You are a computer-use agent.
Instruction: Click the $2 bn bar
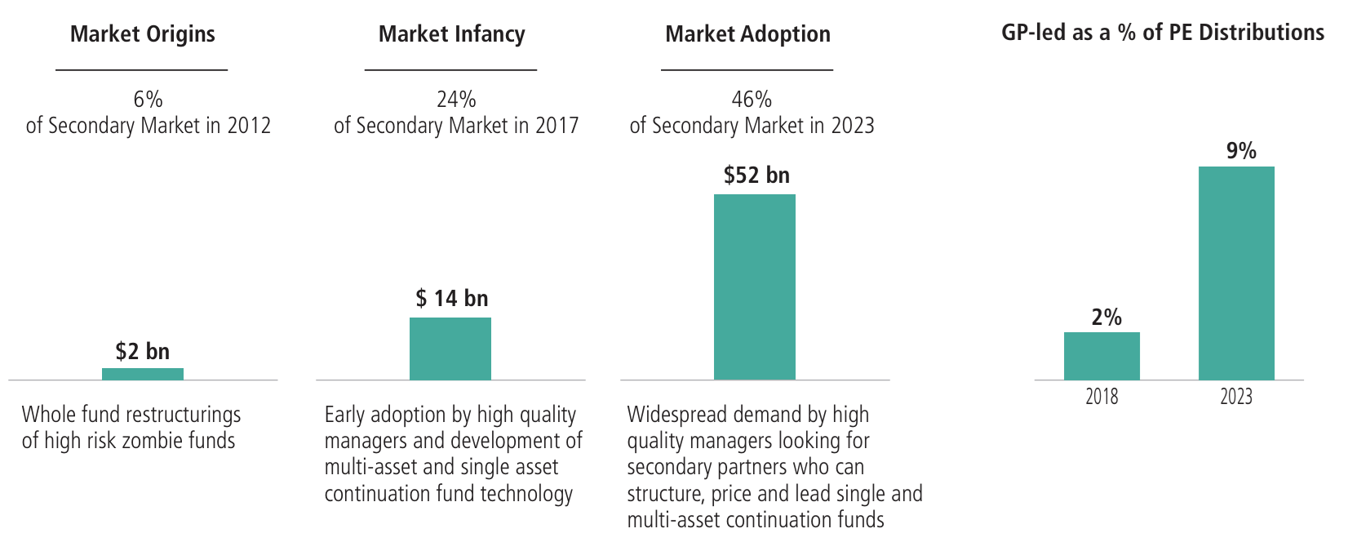(x=143, y=374)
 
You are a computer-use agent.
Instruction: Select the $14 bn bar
(x=450, y=349)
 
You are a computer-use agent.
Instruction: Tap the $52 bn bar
(x=755, y=287)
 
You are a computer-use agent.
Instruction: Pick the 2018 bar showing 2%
(x=1102, y=356)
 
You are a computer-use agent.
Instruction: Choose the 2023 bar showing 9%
(x=1237, y=273)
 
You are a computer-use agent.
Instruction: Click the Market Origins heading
(x=143, y=33)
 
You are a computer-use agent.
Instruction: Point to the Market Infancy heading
(x=452, y=33)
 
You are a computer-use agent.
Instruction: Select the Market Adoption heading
(x=748, y=33)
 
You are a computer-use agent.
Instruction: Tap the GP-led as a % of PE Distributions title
(x=1163, y=33)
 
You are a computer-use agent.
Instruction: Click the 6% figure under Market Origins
(x=148, y=100)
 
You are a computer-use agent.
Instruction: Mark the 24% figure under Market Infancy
(x=456, y=100)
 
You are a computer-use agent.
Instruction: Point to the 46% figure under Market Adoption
(x=752, y=100)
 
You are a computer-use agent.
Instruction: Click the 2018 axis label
(x=1102, y=396)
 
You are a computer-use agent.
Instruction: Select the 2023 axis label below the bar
(x=1237, y=396)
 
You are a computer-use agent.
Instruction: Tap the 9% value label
(x=1241, y=150)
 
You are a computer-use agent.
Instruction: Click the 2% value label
(x=1106, y=317)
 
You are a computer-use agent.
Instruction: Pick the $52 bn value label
(x=756, y=175)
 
